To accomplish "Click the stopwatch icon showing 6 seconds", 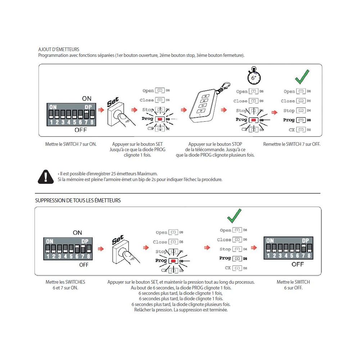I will pyautogui.click(x=255, y=76).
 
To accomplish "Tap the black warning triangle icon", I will pyautogui.click(x=46, y=176).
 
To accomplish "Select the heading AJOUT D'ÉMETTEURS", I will pyautogui.click(x=59, y=49).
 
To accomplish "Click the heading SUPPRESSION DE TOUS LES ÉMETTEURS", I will pyautogui.click(x=78, y=201).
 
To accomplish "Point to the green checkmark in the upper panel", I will pyautogui.click(x=302, y=76).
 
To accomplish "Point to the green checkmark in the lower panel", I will pyautogui.click(x=234, y=216).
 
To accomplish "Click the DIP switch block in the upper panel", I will pyautogui.click(x=71, y=115).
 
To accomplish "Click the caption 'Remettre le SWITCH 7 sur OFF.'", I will pyautogui.click(x=292, y=144).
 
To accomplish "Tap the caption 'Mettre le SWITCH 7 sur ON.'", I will pyautogui.click(x=71, y=144).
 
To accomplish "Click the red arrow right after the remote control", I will pyautogui.click(x=224, y=110).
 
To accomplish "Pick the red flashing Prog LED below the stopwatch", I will pyautogui.click(x=254, y=120).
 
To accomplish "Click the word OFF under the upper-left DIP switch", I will pyautogui.click(x=81, y=130).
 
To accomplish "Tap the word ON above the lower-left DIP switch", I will pyautogui.click(x=77, y=233).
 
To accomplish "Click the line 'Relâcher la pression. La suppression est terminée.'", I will pyautogui.click(x=181, y=310).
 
